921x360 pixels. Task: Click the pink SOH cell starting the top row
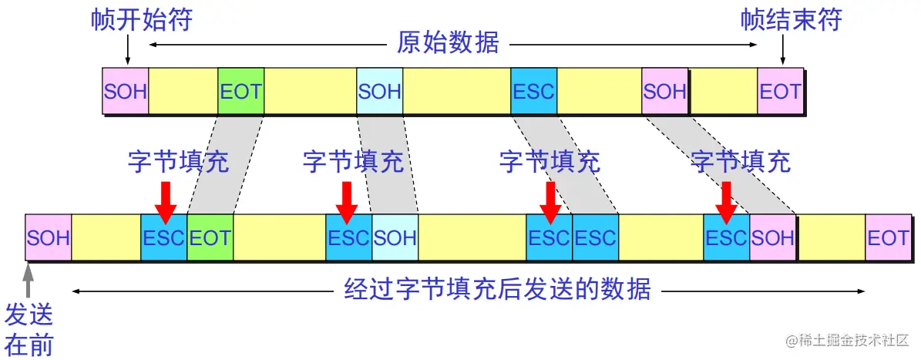126,92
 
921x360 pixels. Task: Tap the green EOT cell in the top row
240,92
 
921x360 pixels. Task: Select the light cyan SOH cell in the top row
380,92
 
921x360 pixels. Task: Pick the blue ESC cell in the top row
533,92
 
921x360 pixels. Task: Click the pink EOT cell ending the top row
781,92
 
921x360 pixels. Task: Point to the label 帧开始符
139,19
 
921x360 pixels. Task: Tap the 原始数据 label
448,43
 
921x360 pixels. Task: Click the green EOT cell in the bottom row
210,237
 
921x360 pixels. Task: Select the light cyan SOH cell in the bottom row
395,237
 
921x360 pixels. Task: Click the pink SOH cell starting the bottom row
48,237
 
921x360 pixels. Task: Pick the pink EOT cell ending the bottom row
888,237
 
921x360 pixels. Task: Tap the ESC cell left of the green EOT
164,237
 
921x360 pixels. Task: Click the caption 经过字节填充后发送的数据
497,291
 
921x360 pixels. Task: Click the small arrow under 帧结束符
783,52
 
